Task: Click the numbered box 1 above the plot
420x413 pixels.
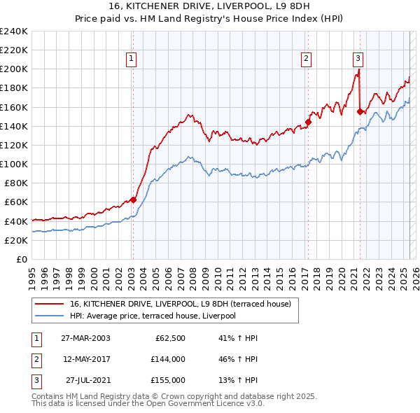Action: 132,59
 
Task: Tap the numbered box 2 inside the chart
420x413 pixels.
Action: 307,59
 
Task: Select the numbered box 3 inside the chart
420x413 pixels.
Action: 358,59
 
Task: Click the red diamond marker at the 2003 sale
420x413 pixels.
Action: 133,199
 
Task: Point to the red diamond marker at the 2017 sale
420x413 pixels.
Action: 307,122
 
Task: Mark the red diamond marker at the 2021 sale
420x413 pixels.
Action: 360,111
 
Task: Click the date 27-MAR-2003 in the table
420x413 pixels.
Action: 85,338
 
